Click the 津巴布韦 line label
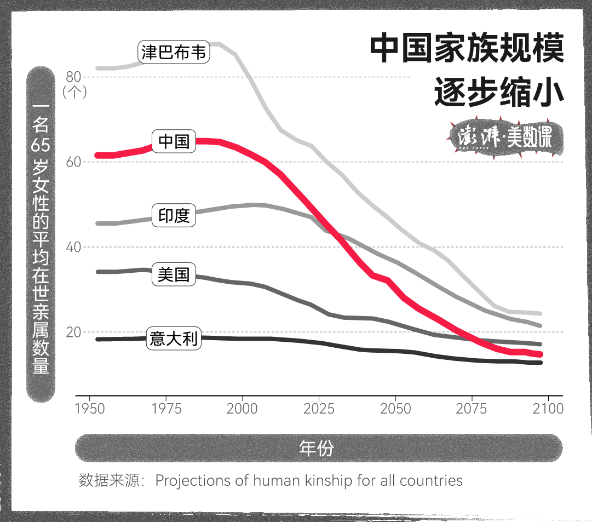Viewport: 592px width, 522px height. point(174,53)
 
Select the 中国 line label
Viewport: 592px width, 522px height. point(174,141)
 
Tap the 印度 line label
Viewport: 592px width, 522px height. point(174,215)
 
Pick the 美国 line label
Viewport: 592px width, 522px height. point(174,274)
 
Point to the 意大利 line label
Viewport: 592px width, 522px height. point(174,339)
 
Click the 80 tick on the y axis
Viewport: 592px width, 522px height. point(74,77)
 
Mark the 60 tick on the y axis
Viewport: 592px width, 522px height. point(74,162)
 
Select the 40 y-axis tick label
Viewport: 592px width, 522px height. point(74,247)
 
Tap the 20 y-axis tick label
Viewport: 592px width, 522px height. point(74,332)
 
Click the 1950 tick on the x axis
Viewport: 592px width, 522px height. point(90,409)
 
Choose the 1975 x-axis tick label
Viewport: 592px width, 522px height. point(166,409)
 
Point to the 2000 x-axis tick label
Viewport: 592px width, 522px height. point(243,409)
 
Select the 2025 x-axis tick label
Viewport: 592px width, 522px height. point(319,409)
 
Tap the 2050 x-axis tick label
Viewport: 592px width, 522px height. point(395,409)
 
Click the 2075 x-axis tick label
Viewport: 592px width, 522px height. point(472,409)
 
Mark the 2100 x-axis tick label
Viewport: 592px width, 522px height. point(548,409)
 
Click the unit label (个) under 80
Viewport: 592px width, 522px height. point(74,91)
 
